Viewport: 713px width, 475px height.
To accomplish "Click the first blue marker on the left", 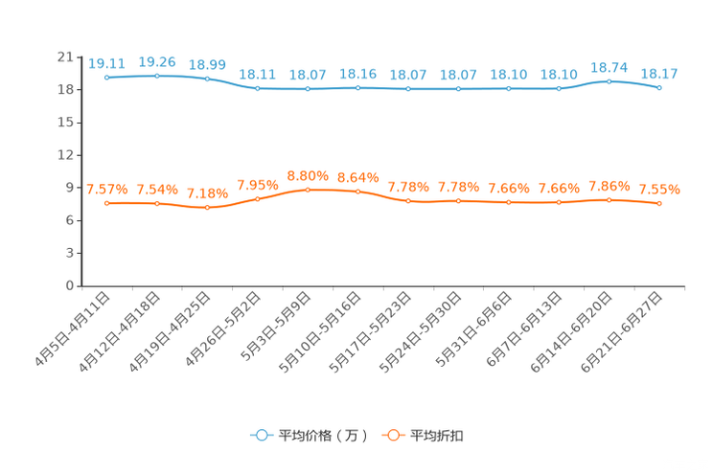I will tap(106, 77).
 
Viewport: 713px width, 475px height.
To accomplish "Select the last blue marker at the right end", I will tap(659, 88).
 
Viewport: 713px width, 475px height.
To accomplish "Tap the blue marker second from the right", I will tap(609, 81).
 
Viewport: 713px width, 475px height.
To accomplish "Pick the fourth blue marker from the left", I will tap(257, 88).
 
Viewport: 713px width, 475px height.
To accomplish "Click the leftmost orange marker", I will tap(106, 203).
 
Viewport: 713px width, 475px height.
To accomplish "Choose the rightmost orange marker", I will tap(659, 203).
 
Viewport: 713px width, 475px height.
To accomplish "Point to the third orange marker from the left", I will tap(207, 207).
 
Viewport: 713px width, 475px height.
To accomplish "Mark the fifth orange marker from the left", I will tap(308, 190).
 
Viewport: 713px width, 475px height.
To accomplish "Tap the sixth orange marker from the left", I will tap(357, 192).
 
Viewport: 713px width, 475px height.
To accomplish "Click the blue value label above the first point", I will tap(106, 63).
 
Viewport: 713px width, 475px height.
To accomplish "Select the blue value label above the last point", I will tap(659, 72).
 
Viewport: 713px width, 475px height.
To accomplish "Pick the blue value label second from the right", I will tap(609, 67).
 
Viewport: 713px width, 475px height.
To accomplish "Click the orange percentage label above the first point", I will tap(106, 189).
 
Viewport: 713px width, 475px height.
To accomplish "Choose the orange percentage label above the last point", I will tap(659, 189).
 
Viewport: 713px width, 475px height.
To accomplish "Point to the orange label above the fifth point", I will tap(308, 175).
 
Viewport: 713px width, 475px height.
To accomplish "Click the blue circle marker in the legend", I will tap(261, 436).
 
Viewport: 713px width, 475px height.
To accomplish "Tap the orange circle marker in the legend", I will tap(392, 436).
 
